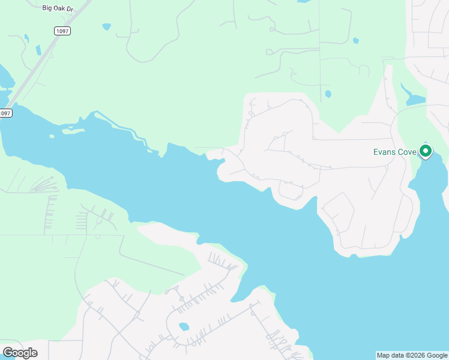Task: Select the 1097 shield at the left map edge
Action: tap(5, 113)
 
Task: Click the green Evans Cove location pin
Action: tap(426, 151)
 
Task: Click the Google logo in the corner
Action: tap(20, 352)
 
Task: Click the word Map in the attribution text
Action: tap(383, 355)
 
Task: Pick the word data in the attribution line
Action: tap(396, 355)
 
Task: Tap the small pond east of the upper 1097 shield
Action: tap(107, 27)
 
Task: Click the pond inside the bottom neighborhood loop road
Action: tap(184, 327)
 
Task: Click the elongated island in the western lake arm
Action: tap(71, 130)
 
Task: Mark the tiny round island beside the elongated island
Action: tap(52, 136)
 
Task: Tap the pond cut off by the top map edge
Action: tap(304, 1)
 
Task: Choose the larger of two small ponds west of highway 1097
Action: tap(38, 50)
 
